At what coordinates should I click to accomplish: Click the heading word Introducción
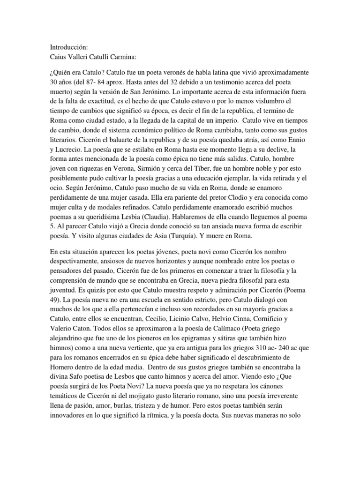(68, 48)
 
